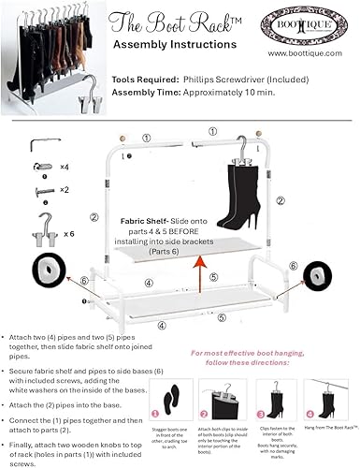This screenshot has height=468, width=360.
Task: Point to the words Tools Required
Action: coord(141,81)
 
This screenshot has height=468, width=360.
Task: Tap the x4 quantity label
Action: coord(65,166)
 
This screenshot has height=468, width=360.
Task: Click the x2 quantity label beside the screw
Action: coord(65,189)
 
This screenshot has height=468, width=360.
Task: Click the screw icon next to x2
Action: coord(40,189)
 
